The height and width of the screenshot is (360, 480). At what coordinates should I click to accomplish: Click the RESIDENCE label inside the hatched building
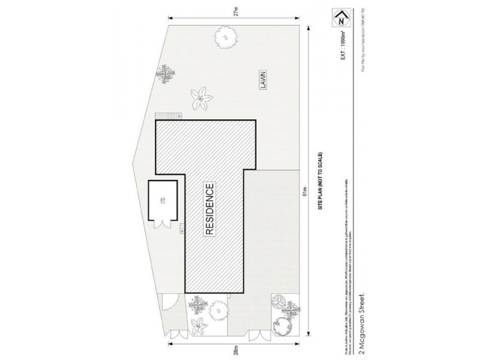pyautogui.click(x=209, y=211)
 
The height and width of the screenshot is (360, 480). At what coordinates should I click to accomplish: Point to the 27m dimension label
pyautogui.click(x=235, y=14)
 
